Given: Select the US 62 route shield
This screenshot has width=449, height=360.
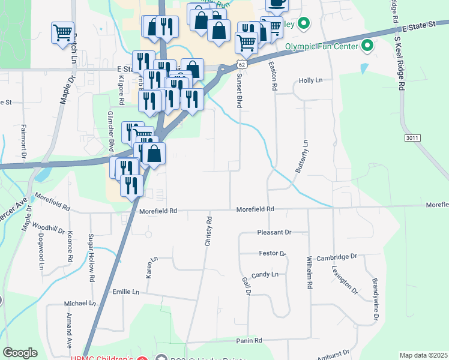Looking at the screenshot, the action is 241,64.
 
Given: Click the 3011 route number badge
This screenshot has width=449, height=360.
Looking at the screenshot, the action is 411,137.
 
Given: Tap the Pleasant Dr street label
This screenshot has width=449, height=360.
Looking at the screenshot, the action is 274,232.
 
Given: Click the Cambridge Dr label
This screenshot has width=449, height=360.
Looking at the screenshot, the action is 336,256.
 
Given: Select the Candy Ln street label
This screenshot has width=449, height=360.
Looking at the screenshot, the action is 265,274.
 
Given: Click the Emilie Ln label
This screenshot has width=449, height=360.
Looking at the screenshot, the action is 125,292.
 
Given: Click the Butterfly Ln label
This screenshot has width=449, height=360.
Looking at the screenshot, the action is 301,157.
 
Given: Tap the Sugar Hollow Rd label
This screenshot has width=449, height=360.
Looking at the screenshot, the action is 92,258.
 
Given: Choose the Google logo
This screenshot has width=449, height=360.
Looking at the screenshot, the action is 20,353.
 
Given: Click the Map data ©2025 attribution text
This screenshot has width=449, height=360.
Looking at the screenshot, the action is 423,355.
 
